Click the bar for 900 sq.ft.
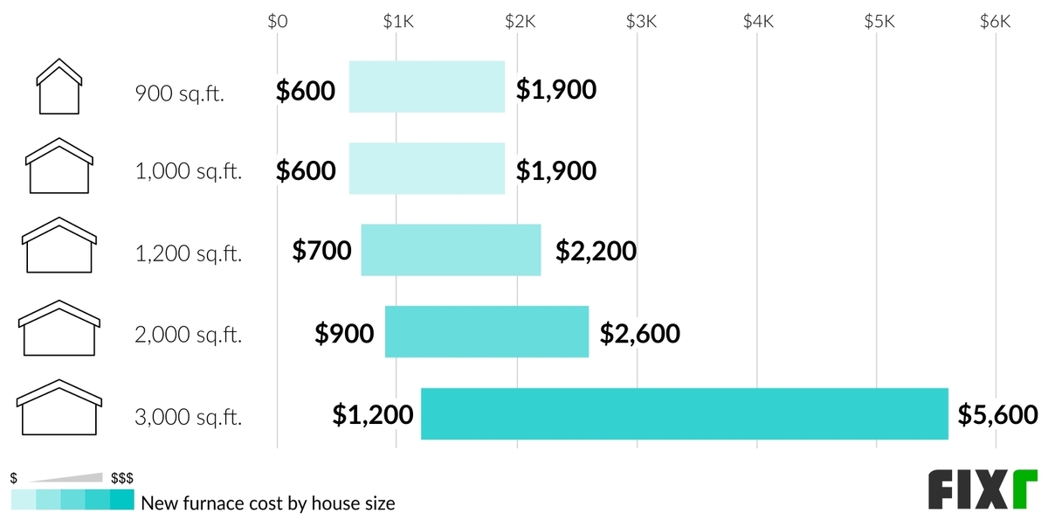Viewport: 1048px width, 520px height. coord(427,87)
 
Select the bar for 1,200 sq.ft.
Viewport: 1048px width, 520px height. coord(451,250)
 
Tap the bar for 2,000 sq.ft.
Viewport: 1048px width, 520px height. coord(486,332)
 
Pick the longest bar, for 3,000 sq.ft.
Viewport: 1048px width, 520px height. coord(684,413)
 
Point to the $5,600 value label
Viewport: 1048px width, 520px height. coord(997,413)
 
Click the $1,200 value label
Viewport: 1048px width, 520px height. coord(373,413)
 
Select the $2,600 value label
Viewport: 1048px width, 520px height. coord(640,333)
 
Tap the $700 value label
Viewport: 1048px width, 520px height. coord(322,252)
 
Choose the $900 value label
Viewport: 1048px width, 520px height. coord(345,333)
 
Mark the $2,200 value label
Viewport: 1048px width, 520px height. coord(596,252)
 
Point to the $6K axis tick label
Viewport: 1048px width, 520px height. coord(995,23)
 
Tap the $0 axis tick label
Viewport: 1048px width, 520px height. coord(277,23)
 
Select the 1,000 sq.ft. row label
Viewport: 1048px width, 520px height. coord(189,172)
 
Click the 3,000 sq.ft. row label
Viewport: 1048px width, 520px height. coord(189,417)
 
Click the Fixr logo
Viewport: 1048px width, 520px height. coord(982,489)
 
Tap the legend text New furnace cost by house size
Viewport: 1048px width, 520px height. coord(268,503)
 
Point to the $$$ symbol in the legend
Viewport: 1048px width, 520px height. coord(121,478)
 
